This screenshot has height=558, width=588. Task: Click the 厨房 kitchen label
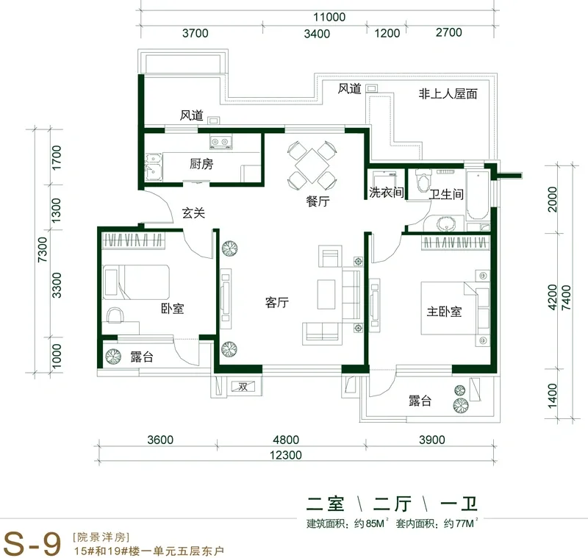point(201,164)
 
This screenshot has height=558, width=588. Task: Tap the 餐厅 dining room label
point(318,201)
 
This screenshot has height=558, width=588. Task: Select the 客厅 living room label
point(277,302)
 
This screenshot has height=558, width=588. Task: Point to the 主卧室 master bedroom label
point(444,312)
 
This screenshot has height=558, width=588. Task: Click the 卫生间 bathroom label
point(446,194)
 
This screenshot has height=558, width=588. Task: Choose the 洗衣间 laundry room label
point(387,193)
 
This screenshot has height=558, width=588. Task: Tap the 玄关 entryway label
point(193,213)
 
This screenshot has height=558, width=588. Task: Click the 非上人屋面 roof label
point(448,93)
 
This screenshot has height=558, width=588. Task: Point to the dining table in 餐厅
point(312,165)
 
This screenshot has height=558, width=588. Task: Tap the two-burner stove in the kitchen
point(220,143)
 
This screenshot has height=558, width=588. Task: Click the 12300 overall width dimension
point(286,455)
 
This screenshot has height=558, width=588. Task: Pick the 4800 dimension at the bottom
point(286,440)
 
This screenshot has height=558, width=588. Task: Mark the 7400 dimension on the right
point(566,297)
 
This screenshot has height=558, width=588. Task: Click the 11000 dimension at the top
point(329,17)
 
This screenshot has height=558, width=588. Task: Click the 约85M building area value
point(370,523)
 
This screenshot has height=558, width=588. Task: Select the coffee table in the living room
point(326,294)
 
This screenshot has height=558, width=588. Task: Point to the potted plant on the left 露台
point(113,357)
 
